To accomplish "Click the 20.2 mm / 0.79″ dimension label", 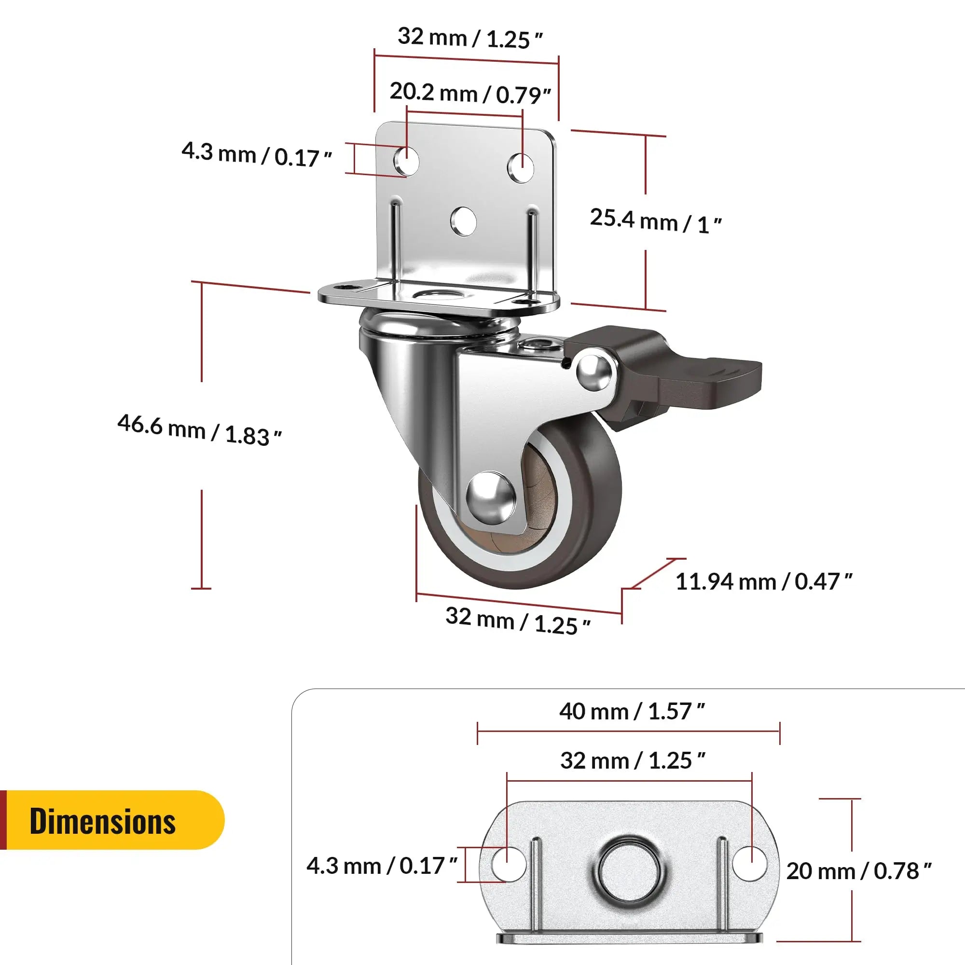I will click(469, 94).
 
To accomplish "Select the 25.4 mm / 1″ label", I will click(655, 221).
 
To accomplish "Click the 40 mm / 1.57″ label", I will click(631, 711).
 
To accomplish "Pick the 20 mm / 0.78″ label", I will click(858, 871).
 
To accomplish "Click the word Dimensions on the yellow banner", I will click(102, 822).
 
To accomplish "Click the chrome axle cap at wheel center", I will click(491, 498).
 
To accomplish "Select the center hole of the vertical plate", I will click(463, 221).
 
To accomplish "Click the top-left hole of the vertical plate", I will click(407, 161).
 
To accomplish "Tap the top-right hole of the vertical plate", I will click(521, 167).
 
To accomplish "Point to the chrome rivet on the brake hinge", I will click(594, 371).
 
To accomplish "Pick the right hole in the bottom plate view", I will click(750, 864).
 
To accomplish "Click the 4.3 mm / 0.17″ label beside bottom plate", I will click(382, 866).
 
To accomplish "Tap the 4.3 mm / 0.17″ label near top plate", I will click(256, 154).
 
